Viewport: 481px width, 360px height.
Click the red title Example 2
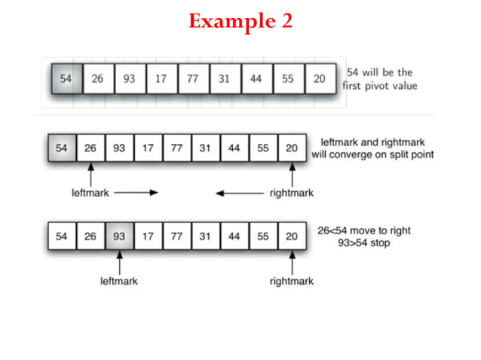240,21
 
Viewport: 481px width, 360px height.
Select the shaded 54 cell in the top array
66,79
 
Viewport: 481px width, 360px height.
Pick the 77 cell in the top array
193,79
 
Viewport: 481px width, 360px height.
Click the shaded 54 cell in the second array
61,148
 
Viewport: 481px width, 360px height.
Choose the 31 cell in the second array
205,148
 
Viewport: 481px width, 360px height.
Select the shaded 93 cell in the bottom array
119,236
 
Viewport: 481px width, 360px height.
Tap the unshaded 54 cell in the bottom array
61,236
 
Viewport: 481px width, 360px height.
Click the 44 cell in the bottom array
234,236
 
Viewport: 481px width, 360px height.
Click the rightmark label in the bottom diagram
291,281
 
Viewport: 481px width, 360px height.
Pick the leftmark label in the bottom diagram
119,281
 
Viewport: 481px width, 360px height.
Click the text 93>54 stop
364,244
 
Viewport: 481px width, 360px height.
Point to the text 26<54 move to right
364,230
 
